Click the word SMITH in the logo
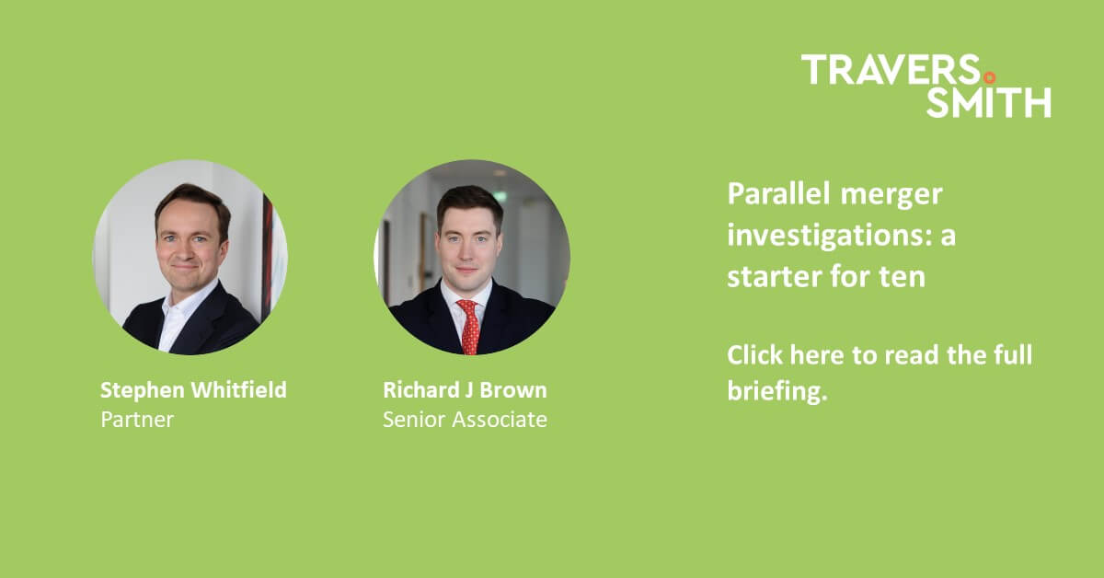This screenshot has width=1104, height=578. pyautogui.click(x=988, y=102)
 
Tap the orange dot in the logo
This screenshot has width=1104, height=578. pyautogui.click(x=989, y=77)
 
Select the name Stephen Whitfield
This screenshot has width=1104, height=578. pyautogui.click(x=193, y=390)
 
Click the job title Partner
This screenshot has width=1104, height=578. pyautogui.click(x=137, y=420)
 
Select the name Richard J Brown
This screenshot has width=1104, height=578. pyautogui.click(x=465, y=390)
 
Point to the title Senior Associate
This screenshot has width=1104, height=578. pyautogui.click(x=465, y=420)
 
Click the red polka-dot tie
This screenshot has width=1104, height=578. pyautogui.click(x=469, y=327)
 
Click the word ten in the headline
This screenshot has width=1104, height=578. pyautogui.click(x=903, y=276)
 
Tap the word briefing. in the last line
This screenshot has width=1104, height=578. pyautogui.click(x=777, y=391)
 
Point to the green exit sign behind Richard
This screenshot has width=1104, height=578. pyautogui.click(x=499, y=195)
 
